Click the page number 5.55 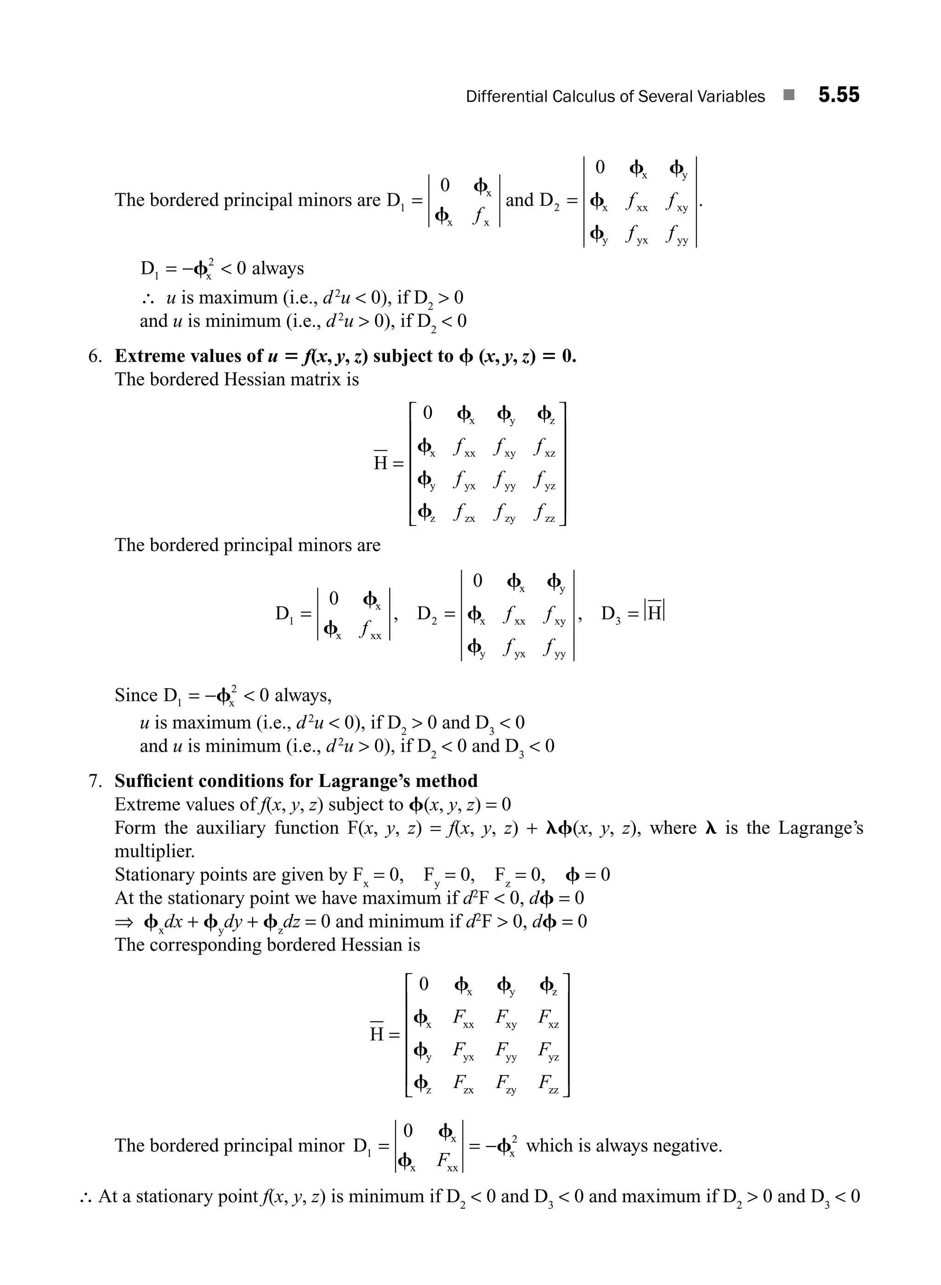pyautogui.click(x=839, y=95)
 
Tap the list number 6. pyautogui.click(x=95, y=357)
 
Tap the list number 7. pyautogui.click(x=95, y=781)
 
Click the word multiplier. pyautogui.click(x=154, y=852)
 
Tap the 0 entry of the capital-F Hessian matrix pyautogui.click(x=423, y=984)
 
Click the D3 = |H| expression pyautogui.click(x=633, y=613)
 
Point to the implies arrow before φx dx pyautogui.click(x=124, y=922)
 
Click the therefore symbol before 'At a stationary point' pyautogui.click(x=86, y=1197)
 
